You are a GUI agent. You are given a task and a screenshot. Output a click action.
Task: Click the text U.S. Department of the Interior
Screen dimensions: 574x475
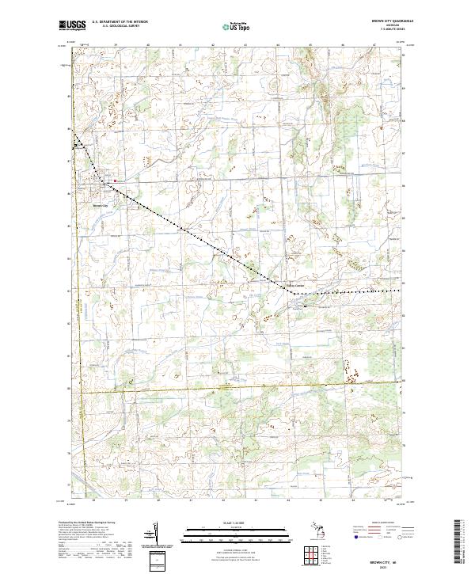coord(120,22)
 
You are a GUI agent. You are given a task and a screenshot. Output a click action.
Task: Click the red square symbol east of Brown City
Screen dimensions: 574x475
coord(116,181)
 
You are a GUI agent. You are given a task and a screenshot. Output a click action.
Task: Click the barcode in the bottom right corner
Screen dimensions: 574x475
coord(458,544)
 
